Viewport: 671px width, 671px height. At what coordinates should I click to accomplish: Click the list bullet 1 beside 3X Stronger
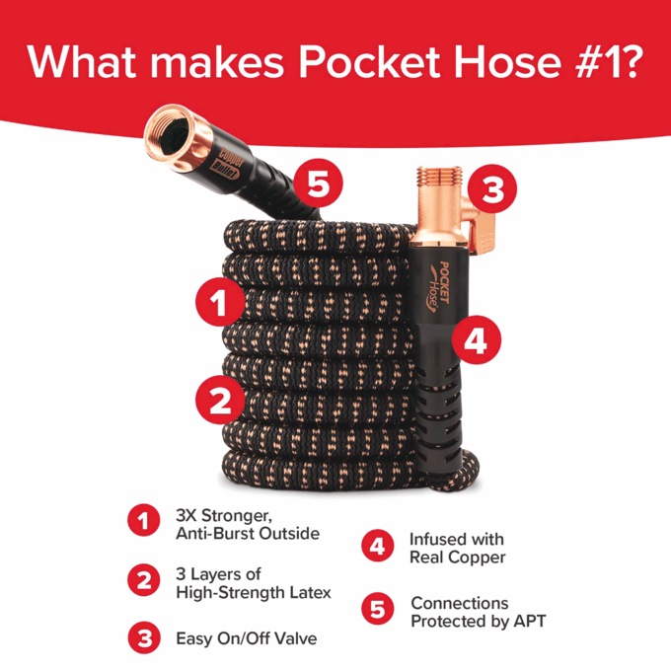(144, 522)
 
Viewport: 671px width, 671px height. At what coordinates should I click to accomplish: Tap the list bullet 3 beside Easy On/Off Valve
(144, 636)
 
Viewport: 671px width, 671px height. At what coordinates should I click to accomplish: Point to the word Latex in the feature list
(307, 592)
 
